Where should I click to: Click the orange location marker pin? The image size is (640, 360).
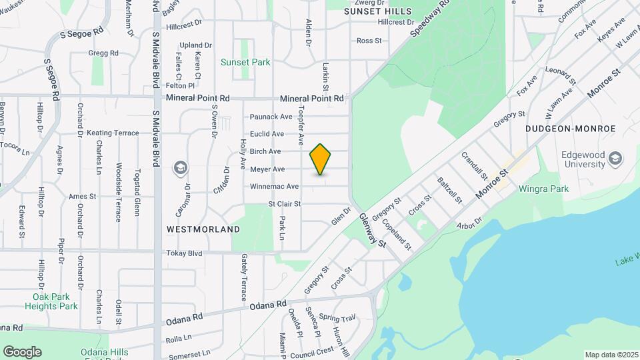coord(321,159)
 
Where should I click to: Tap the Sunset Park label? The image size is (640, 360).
coord(245,62)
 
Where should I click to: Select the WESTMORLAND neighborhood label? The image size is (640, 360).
coord(203,229)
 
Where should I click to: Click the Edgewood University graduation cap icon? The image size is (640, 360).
coord(615,159)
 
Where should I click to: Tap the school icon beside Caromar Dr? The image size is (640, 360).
coord(180,167)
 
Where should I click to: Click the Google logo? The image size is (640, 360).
coord(22,351)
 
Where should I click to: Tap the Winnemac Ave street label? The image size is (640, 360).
coord(274,187)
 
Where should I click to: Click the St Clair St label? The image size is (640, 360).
coord(285,204)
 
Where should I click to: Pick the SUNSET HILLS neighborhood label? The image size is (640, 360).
coord(374,11)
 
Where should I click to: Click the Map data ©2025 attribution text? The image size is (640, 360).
coord(611,355)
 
